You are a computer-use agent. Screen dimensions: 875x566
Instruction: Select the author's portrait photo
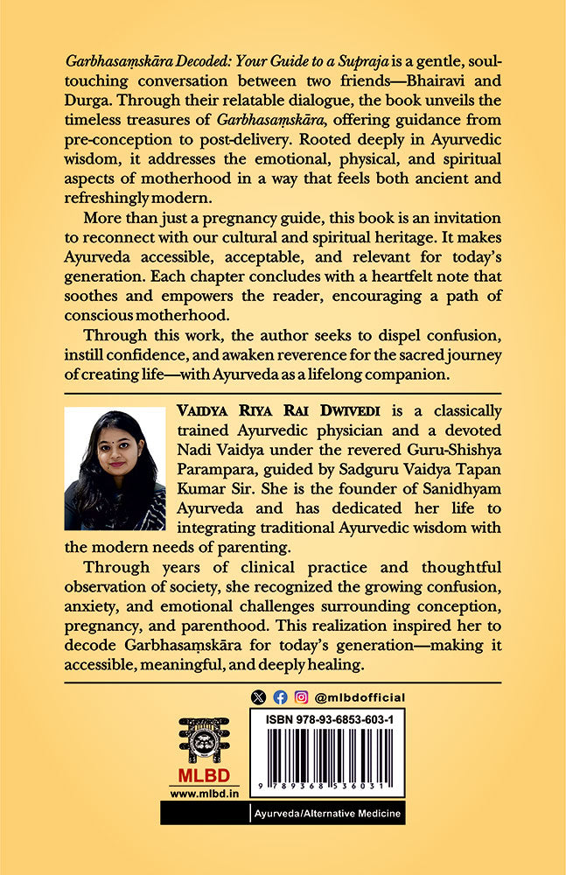(115, 468)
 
